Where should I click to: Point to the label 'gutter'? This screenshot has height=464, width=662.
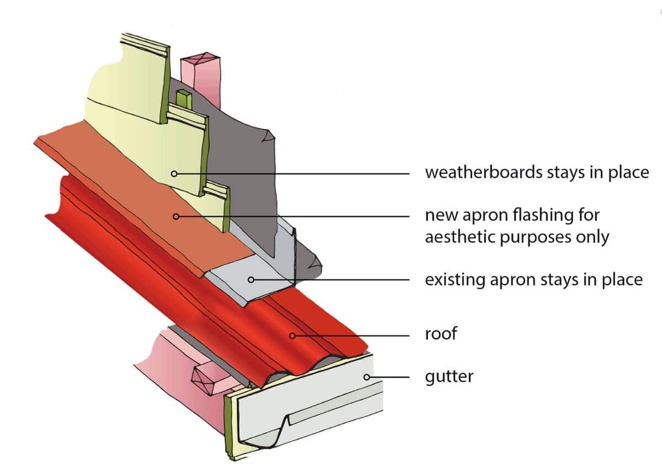point(449,378)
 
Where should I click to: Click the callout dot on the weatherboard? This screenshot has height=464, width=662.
point(174,173)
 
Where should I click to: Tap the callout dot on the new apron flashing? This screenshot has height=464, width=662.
point(176,216)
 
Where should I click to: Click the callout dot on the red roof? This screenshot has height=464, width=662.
point(292,334)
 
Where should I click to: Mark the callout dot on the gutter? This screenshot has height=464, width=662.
point(365,377)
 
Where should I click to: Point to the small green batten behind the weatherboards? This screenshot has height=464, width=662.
point(184,102)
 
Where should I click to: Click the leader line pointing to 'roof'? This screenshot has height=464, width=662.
point(353,334)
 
